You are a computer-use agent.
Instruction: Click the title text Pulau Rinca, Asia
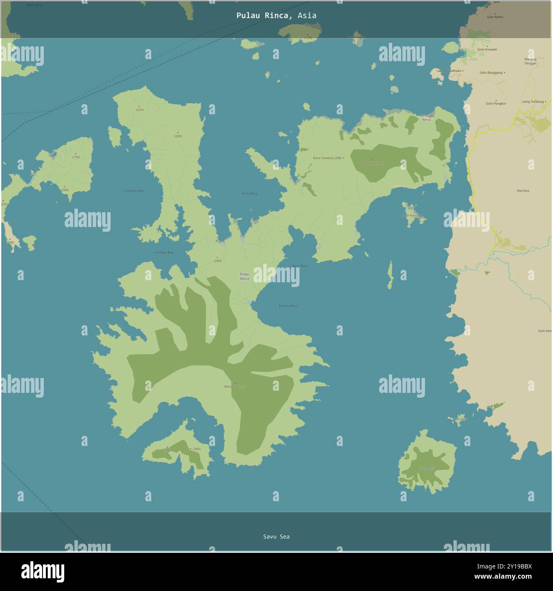coord(276,15)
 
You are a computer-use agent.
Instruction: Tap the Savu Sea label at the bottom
coord(276,537)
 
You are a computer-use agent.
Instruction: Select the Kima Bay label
coord(249,193)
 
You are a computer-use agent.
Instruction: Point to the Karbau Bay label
coord(134,190)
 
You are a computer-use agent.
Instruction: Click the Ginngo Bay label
coord(164,253)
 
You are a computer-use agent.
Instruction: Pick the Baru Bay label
coord(299,266)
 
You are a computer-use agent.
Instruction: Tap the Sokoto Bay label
coord(288,306)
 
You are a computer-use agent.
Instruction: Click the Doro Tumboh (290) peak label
coord(328,158)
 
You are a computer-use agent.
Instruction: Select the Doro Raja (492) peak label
coord(372,163)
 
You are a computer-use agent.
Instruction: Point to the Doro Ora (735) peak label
coord(235,386)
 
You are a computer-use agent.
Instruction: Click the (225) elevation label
coord(140,110)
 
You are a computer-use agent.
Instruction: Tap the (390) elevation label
coord(167,451)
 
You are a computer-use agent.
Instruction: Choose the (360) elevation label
coord(196,449)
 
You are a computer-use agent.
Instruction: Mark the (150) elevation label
coord(76,157)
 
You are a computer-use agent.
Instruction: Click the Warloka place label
coord(523,191)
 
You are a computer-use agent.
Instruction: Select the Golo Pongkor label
coord(496,103)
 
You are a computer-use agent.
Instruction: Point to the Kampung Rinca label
coord(427,117)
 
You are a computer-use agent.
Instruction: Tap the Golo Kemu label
coord(495,17)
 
